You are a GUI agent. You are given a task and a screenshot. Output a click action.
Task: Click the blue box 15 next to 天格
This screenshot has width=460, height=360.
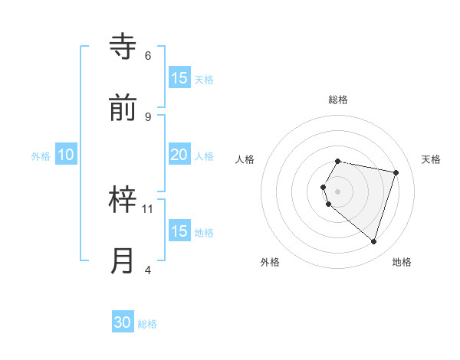point(179,78)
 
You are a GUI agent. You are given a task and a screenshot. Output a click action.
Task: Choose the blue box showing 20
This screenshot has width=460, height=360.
point(179,155)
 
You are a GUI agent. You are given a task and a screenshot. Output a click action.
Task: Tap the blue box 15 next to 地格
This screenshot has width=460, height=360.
point(179,231)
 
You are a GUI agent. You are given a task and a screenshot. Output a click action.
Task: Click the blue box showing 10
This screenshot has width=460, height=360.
point(65,155)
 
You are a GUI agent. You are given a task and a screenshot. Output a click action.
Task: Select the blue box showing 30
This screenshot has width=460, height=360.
point(123,322)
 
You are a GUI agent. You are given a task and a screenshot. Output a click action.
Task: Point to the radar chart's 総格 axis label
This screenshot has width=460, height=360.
point(338,100)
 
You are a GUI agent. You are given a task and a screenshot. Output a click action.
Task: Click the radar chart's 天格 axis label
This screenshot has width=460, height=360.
point(431,159)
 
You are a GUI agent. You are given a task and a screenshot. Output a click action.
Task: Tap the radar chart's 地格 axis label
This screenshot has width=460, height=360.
point(402,262)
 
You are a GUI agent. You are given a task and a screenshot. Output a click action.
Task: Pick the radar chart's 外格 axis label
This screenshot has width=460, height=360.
point(270,262)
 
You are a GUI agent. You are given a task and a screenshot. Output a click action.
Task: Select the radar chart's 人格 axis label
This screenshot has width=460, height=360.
point(245,159)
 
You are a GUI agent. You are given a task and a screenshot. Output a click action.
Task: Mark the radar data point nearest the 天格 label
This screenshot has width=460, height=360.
point(396,172)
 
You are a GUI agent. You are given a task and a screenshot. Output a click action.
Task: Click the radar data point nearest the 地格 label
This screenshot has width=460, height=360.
point(373,241)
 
